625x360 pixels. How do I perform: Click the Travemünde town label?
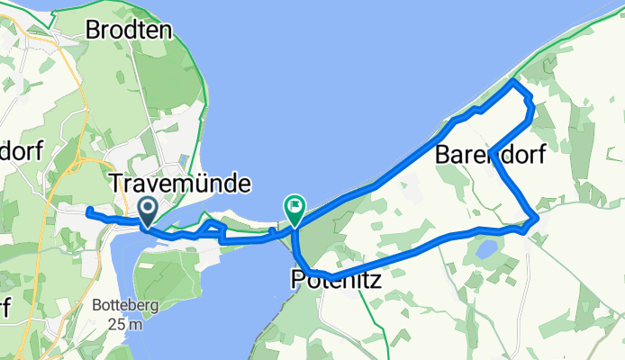[x=179, y=184]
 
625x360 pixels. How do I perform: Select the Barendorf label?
[x=490, y=155]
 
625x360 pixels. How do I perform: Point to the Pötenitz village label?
[x=336, y=281]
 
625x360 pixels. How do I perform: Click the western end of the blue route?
[x=88, y=211]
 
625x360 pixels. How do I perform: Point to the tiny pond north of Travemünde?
[x=184, y=161]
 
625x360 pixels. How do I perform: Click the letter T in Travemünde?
[x=115, y=184]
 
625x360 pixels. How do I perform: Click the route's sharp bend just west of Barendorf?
[x=492, y=150]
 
